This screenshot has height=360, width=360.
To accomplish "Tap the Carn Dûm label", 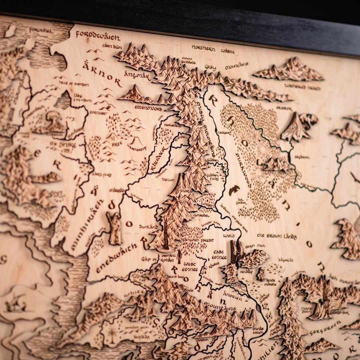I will (112, 46).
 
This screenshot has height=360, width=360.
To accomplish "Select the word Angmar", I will (137, 75).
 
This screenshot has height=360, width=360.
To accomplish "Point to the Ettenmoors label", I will (148, 108).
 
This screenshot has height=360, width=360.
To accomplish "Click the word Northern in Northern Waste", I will (203, 48).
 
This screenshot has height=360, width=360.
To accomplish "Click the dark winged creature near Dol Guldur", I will (234, 190).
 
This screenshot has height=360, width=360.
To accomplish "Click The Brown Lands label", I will (276, 236).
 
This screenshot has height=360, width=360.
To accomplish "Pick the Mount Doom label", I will (307, 310).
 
